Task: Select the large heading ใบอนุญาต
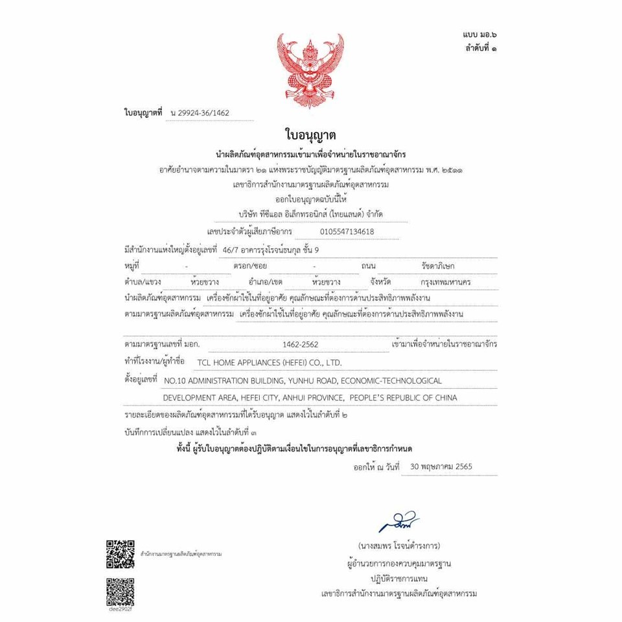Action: (x=310, y=135)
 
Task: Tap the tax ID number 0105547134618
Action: (x=347, y=231)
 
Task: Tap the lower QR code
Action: (x=121, y=590)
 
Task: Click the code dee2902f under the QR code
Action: (x=121, y=609)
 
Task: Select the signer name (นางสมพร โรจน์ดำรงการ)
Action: (x=398, y=546)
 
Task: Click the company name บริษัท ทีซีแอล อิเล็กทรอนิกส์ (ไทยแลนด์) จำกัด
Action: (x=310, y=214)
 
